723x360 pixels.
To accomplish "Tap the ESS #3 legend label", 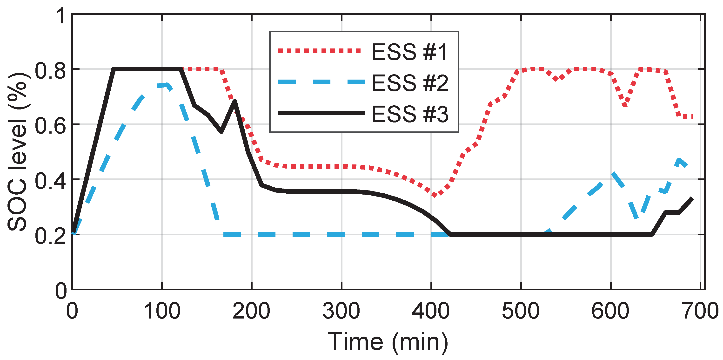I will (410, 114).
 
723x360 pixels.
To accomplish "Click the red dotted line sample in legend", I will (319, 51).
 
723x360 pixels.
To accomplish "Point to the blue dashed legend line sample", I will (321, 82).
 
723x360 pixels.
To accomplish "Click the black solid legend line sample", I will (321, 113).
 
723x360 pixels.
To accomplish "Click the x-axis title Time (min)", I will (388, 342).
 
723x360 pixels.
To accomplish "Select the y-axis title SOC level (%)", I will (17, 152).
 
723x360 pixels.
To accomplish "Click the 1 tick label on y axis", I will (61, 16).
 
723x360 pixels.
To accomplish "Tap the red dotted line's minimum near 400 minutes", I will (435, 195).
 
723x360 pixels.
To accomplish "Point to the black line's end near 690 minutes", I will (692, 199).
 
